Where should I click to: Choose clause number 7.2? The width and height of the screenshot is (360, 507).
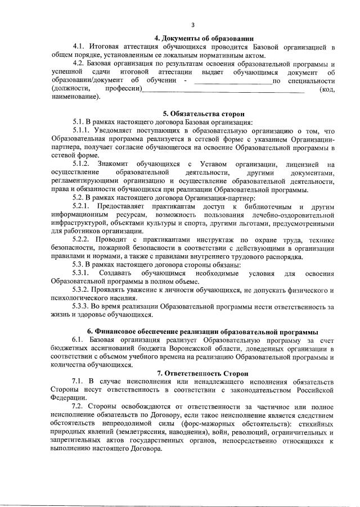(x=78, y=406)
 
